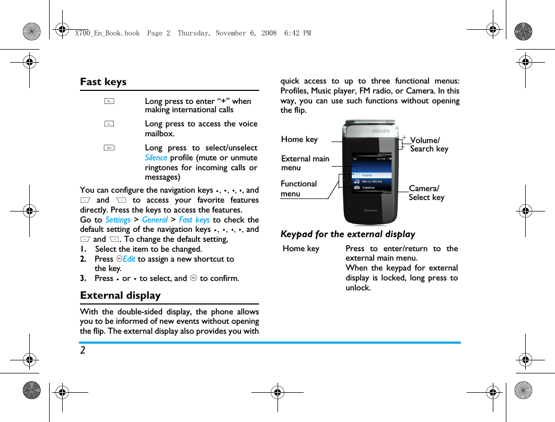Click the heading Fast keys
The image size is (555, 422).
click(103, 81)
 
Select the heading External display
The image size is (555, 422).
click(120, 295)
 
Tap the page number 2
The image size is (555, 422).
click(83, 350)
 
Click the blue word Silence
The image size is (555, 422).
click(156, 158)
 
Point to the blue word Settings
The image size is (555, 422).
click(118, 220)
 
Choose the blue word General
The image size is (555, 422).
click(155, 220)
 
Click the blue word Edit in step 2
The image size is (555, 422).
click(129, 259)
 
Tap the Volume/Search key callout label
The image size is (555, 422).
click(429, 144)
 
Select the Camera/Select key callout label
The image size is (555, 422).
click(426, 193)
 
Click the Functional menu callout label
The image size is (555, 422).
click(298, 189)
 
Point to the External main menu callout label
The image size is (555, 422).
click(305, 163)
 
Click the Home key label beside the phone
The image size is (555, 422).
click(299, 139)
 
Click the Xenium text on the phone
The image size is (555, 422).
click(371, 210)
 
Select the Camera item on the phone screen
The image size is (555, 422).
click(368, 187)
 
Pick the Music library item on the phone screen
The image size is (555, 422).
click(372, 181)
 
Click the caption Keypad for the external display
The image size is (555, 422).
click(348, 234)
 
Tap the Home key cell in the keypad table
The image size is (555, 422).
click(301, 249)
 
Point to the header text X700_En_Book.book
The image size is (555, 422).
click(107, 33)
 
